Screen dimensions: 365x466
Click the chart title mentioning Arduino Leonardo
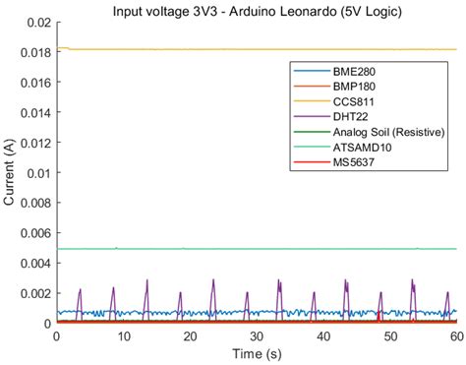click(x=256, y=9)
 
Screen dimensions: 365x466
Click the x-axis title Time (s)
click(x=256, y=353)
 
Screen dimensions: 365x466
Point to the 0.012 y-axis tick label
click(x=33, y=143)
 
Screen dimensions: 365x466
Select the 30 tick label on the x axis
click(x=256, y=335)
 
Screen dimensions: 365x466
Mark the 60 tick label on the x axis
click(x=455, y=335)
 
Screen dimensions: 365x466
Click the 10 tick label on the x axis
click(x=123, y=335)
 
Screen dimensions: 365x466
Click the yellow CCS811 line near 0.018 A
click(x=197, y=49)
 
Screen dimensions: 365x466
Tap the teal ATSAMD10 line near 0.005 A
click(x=197, y=249)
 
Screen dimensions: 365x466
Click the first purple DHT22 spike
click(x=80, y=290)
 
